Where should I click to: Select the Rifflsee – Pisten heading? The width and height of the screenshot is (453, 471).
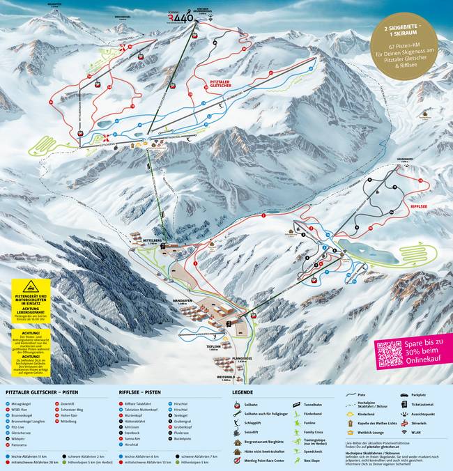point(144,393)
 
